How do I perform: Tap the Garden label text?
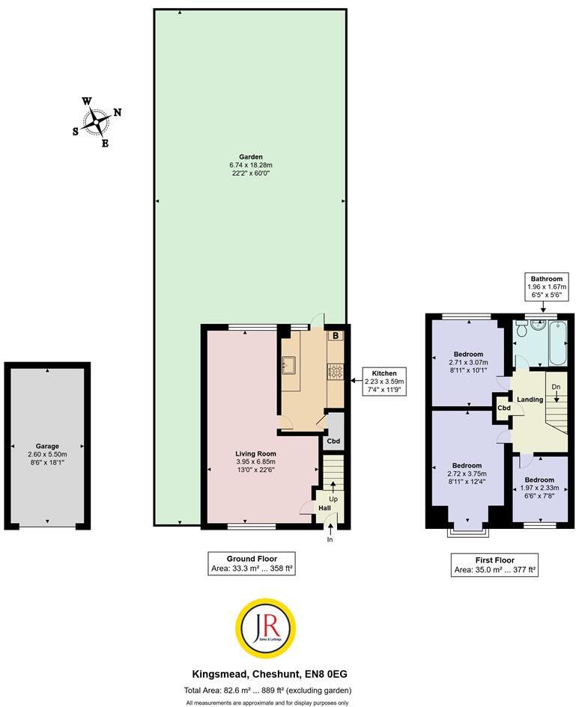coord(251,157)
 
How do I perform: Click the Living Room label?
coord(256,453)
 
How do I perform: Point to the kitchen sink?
coord(288,366)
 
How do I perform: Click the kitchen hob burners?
coord(335,370)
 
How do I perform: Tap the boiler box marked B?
coord(336,336)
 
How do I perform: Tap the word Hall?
coord(324,508)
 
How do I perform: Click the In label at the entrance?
coord(330,539)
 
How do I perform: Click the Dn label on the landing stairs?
coord(555,387)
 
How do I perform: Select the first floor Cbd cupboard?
coord(503,408)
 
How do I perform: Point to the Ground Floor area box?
coord(252,564)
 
